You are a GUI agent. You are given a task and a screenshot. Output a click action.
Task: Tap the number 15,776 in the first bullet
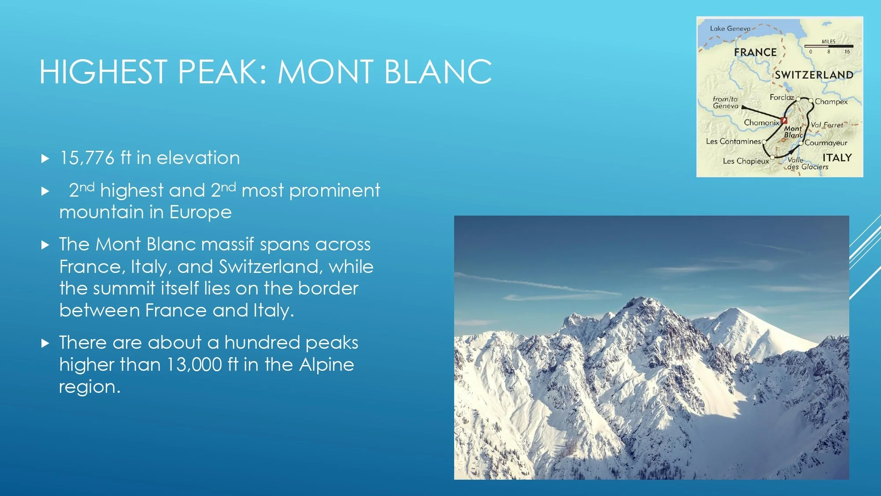87,158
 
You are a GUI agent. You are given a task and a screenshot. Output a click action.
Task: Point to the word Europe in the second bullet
200,213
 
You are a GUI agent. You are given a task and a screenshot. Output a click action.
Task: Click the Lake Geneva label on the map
730,29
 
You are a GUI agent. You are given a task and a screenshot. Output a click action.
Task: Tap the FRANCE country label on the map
755,52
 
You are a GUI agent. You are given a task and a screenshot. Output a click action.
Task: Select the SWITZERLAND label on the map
814,75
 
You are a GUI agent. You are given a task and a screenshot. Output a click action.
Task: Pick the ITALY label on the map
837,158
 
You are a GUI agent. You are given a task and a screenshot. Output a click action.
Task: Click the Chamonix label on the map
761,123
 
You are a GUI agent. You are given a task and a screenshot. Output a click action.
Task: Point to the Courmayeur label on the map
826,143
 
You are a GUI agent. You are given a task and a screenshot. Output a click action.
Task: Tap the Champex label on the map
831,102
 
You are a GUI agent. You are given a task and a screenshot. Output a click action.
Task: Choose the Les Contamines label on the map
733,142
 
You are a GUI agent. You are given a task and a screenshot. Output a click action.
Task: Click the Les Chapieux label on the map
745,161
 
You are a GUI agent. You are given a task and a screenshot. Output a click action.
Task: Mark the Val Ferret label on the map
827,125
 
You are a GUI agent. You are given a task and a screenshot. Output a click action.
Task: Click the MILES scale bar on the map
829,46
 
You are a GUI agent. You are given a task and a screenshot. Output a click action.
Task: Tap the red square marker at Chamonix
784,120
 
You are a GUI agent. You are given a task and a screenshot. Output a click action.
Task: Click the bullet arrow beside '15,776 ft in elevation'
45,159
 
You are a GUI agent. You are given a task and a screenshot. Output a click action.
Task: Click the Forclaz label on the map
781,97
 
